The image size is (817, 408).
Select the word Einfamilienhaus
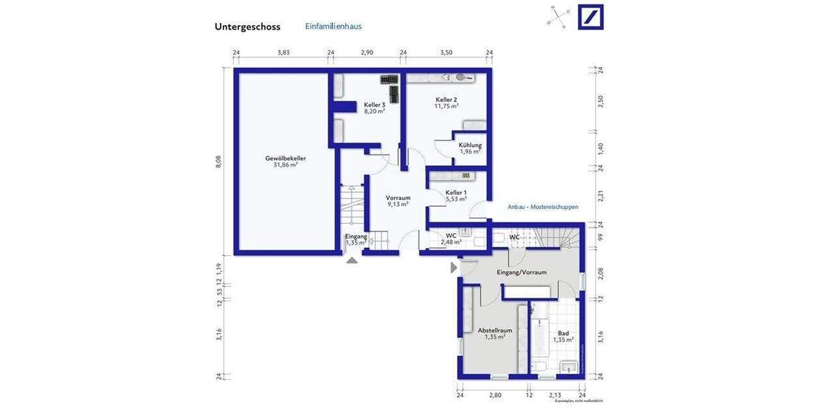333,27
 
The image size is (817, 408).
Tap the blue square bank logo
590,17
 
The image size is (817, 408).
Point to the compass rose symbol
556,17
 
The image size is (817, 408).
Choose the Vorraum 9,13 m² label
398,201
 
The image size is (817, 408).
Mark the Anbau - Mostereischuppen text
542,206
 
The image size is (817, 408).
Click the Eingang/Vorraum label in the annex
522,272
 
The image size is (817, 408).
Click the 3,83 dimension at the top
283,52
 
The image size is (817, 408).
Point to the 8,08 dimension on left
219,161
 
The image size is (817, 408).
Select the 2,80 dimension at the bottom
494,394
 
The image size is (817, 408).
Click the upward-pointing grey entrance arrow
352,260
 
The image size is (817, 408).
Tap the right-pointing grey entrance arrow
453,268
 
